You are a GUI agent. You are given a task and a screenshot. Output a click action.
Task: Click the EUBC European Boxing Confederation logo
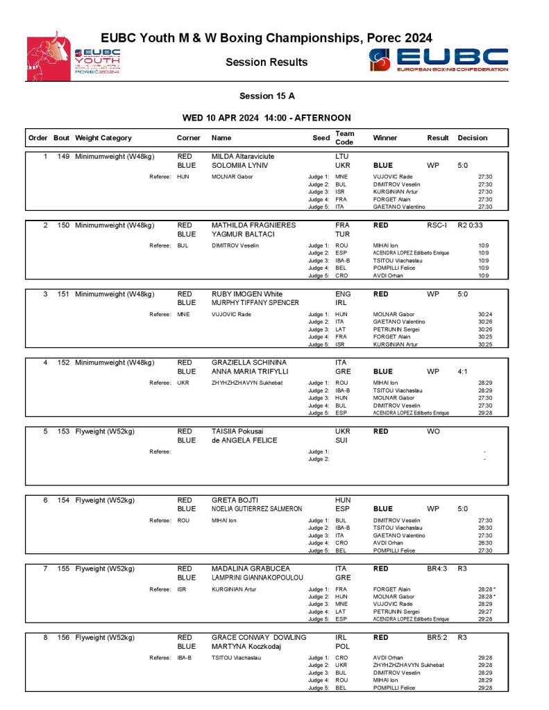pos(439,60)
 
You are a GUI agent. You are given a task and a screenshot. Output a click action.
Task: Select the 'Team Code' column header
pos(344,137)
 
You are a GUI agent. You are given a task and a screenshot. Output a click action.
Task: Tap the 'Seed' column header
pos(321,138)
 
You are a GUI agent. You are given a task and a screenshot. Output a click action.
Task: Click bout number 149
pos(62,157)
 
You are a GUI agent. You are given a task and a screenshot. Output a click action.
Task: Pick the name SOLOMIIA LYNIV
pos(239,166)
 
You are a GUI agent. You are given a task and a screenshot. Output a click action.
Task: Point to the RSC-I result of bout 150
pos(437,225)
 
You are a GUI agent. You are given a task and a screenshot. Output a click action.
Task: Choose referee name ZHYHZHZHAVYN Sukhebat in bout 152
pos(242,382)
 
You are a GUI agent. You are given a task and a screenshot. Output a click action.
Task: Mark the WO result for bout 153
pos(433,431)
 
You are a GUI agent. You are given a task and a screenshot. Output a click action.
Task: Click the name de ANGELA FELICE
pos(244,440)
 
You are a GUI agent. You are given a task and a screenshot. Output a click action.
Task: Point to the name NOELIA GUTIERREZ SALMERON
pos(257,509)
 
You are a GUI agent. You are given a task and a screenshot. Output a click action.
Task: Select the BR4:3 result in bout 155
pos(437,569)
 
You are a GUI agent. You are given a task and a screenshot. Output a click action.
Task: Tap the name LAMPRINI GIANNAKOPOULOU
pos(257,578)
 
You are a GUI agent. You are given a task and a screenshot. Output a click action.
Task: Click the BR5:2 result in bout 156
pos(437,637)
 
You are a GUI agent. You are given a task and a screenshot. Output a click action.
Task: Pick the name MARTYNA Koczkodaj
pos(245,646)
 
